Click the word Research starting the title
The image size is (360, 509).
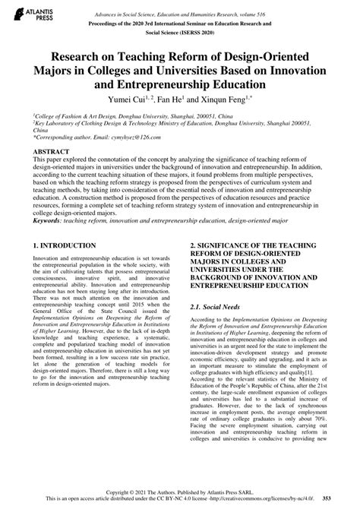pyautogui.click(x=79, y=55)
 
